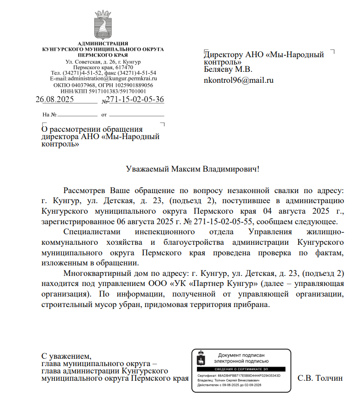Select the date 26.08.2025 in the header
tap(55, 100)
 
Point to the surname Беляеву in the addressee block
tap(218, 70)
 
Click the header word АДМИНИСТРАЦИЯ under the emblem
tap(103, 43)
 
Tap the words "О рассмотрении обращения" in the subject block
tap(92, 130)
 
